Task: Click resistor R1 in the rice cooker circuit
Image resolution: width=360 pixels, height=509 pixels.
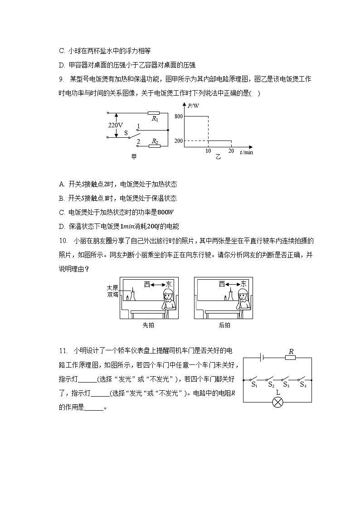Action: tap(154, 113)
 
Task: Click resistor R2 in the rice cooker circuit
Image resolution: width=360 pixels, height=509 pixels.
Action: tap(155, 146)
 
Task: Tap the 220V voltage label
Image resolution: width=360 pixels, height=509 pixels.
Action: tap(115, 125)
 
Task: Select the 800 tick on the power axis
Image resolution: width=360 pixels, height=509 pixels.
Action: tap(178, 117)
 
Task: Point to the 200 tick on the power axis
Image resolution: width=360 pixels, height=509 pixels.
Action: tap(178, 141)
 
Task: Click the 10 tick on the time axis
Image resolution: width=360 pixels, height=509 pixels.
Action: tap(208, 151)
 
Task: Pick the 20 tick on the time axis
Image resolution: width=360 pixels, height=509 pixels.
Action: tap(231, 151)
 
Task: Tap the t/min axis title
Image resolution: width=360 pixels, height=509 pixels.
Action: tap(246, 152)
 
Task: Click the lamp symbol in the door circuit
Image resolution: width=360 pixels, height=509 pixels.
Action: tap(277, 402)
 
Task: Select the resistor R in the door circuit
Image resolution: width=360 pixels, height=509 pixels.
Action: tap(291, 358)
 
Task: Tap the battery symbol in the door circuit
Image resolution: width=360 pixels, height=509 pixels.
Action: tap(261, 358)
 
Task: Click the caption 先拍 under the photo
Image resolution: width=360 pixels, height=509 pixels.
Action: tap(148, 325)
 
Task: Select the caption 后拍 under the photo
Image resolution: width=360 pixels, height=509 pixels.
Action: tap(224, 325)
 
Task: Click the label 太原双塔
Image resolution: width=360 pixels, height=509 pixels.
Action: tap(112, 291)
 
